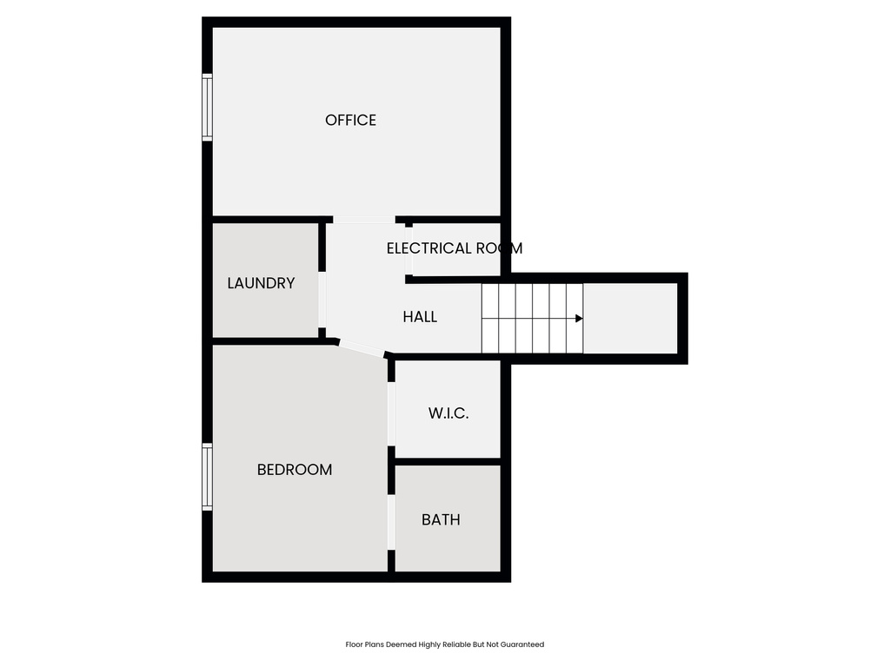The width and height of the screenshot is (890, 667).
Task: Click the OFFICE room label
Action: (x=350, y=121)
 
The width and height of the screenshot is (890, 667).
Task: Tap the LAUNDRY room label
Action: (x=261, y=283)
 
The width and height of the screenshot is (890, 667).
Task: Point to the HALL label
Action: (x=420, y=317)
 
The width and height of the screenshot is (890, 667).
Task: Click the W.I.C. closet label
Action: (x=448, y=413)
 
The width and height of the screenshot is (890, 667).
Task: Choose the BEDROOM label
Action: (x=295, y=470)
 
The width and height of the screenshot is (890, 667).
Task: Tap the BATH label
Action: (x=441, y=520)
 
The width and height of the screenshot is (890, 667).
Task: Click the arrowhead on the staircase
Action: (x=579, y=318)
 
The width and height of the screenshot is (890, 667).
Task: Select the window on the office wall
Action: (x=207, y=108)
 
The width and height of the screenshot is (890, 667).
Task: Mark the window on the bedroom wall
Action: (x=207, y=477)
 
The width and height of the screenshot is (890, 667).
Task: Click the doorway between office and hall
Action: (x=364, y=220)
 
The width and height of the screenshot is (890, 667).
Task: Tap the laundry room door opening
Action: (x=322, y=300)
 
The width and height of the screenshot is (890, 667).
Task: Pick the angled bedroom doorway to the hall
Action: (x=361, y=349)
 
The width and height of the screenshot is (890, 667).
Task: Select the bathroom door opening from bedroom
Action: (x=391, y=522)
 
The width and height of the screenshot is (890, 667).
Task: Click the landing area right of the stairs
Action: (x=629, y=318)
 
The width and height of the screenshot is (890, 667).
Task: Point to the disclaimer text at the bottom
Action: (x=444, y=644)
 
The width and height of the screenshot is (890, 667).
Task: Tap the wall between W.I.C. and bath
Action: (x=448, y=461)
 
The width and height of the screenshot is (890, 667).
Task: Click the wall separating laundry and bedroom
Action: (x=265, y=341)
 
